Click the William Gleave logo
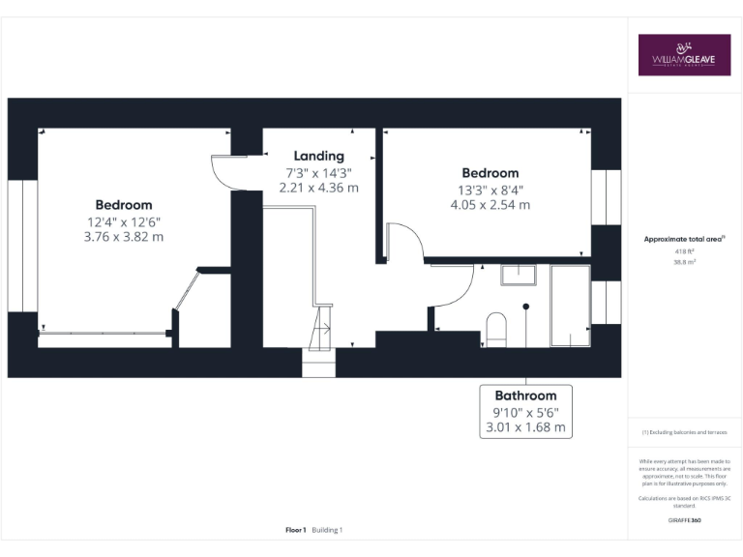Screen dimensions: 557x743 pyautogui.click(x=684, y=55)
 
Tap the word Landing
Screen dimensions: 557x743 pyautogui.click(x=318, y=156)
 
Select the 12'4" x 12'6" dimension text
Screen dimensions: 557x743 pyautogui.click(x=123, y=221)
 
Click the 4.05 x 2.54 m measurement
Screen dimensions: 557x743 pyautogui.click(x=490, y=205)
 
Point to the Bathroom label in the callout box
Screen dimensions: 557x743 pyautogui.click(x=525, y=396)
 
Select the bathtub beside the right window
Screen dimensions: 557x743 pyautogui.click(x=569, y=306)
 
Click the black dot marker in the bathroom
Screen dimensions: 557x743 pyautogui.click(x=526, y=307)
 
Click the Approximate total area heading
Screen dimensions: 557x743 pyautogui.click(x=683, y=239)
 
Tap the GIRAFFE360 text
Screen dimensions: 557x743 pyautogui.click(x=684, y=520)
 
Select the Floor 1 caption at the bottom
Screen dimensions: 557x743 pyautogui.click(x=296, y=530)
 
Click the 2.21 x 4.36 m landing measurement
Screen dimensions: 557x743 pyautogui.click(x=318, y=188)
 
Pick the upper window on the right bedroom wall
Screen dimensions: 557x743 pyautogui.click(x=606, y=197)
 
